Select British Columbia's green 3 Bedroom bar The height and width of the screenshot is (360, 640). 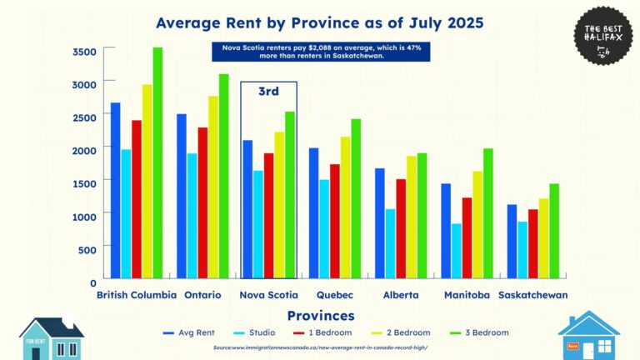coord(157,162)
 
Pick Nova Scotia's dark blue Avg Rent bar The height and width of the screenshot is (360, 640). coord(247,208)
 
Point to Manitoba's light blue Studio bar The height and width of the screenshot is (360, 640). coord(457,250)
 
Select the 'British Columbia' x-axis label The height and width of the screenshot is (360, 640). coord(137,295)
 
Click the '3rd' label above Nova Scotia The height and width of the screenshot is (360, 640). coord(267,92)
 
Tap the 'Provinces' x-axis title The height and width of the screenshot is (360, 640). coord(321,316)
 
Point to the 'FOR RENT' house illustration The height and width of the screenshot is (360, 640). coord(51,337)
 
